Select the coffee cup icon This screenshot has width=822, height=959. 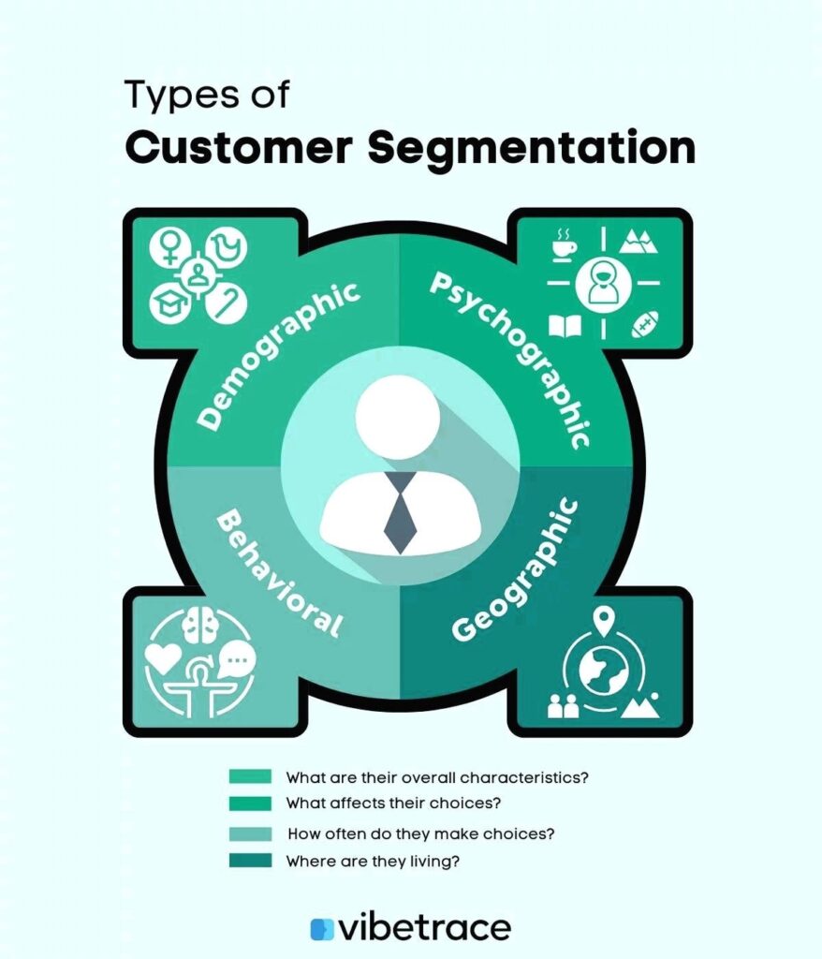click(565, 243)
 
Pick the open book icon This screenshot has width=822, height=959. click(565, 326)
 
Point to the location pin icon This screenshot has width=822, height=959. click(604, 620)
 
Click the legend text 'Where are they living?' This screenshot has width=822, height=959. click(372, 861)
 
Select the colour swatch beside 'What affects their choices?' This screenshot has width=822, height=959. click(250, 804)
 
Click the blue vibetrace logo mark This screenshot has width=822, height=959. click(321, 928)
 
